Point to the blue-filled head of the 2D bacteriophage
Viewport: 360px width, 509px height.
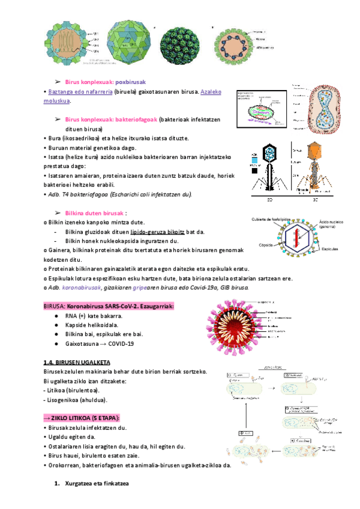270,154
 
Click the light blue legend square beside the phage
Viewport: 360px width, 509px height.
254,162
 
